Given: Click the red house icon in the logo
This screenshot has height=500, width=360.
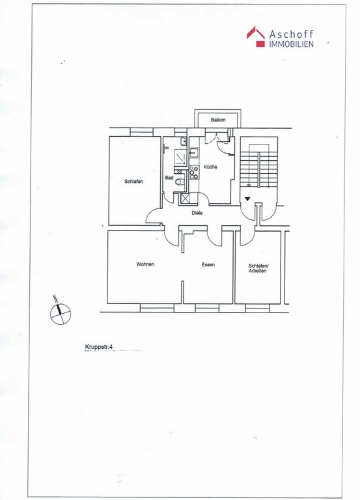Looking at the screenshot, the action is pyautogui.click(x=256, y=36).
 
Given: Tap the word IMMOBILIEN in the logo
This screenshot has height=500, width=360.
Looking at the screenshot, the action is pyautogui.click(x=292, y=44).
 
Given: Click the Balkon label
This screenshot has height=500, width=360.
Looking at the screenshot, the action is pyautogui.click(x=218, y=120).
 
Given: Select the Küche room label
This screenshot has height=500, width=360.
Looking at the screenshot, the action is pyautogui.click(x=210, y=167).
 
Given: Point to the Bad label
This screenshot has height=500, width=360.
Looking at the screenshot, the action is pyautogui.click(x=169, y=178).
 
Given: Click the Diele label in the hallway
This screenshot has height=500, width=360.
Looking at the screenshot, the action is pyautogui.click(x=197, y=213).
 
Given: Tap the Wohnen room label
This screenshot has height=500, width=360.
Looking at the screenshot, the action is pyautogui.click(x=145, y=264).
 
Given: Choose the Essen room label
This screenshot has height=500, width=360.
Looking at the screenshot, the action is pyautogui.click(x=208, y=264).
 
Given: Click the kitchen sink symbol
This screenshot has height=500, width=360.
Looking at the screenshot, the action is pyautogui.click(x=193, y=153).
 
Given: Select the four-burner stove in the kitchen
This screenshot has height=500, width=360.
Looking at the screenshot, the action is pyautogui.click(x=193, y=172).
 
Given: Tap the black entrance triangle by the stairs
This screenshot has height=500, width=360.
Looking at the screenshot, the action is pyautogui.click(x=247, y=199).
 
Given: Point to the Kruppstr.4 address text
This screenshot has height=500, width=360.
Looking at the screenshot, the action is pyautogui.click(x=99, y=347).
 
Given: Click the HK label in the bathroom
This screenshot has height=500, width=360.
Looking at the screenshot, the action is pyautogui.click(x=167, y=148).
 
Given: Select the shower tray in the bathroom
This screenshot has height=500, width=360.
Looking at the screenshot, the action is pyautogui.click(x=181, y=158).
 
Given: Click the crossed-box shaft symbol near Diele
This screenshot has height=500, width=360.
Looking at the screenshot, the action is pyautogui.click(x=185, y=199).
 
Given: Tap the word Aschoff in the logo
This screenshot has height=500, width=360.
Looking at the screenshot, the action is pyautogui.click(x=292, y=34).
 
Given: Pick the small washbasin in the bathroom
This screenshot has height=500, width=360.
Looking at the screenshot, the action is pyautogui.click(x=184, y=141).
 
